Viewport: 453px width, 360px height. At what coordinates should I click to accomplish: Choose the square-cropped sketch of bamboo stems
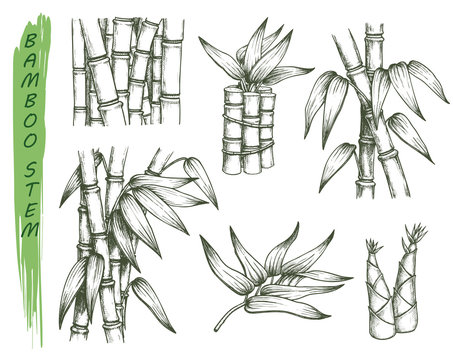pyautogui.click(x=127, y=72)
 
